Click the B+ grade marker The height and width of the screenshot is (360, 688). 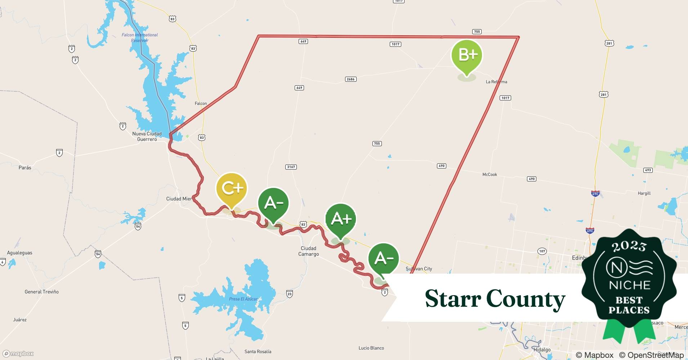[x=467, y=55]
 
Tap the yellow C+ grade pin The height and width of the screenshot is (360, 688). [x=232, y=188]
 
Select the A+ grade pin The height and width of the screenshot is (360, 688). [x=341, y=219]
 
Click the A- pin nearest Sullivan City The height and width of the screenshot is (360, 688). [x=384, y=258]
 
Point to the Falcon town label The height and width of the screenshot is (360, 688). [x=201, y=104]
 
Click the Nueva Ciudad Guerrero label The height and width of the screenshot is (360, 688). [x=147, y=136]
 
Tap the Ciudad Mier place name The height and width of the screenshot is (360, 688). [x=179, y=199]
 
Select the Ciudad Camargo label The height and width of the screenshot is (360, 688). [x=308, y=251]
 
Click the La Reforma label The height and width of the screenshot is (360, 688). [x=496, y=82]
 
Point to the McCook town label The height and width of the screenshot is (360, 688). [x=490, y=175]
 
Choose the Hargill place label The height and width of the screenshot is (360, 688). [x=644, y=193]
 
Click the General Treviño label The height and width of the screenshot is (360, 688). [x=41, y=292]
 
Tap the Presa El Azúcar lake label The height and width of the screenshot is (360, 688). [x=244, y=299]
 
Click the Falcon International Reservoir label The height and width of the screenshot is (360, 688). [x=140, y=37]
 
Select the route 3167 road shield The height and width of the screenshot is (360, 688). [x=291, y=167]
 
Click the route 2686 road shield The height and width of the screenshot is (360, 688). [x=350, y=79]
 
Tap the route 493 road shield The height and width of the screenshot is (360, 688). [x=648, y=170]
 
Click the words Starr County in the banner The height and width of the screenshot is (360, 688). [x=495, y=299]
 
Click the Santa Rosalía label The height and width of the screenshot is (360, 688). [x=258, y=352]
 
